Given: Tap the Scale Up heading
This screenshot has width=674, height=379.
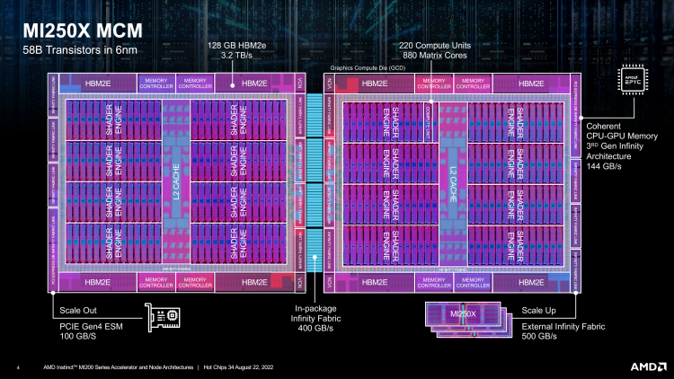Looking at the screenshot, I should pos(539,308).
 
